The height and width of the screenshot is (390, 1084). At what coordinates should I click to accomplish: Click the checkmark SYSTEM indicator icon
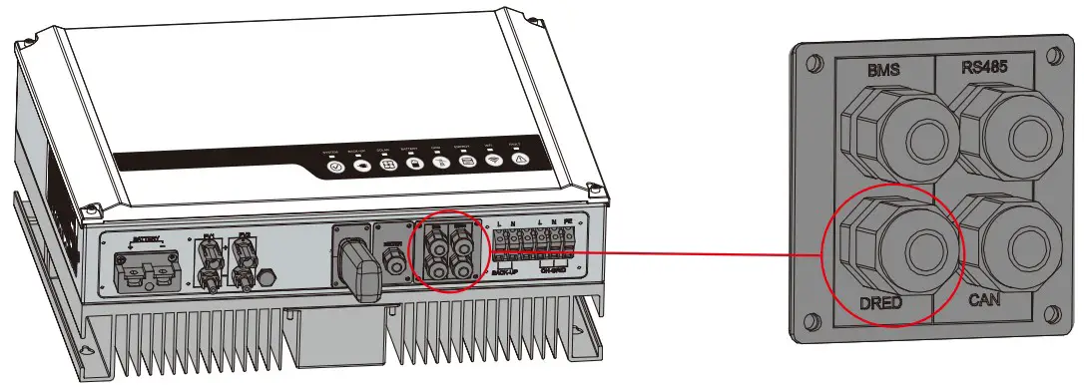pyautogui.click(x=336, y=168)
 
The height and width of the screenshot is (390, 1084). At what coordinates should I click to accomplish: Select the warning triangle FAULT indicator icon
pyautogui.click(x=521, y=160)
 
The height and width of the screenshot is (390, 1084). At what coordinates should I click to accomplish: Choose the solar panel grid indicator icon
pyautogui.click(x=388, y=166)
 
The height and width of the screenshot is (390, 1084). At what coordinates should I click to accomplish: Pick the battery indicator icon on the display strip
pyautogui.click(x=416, y=165)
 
